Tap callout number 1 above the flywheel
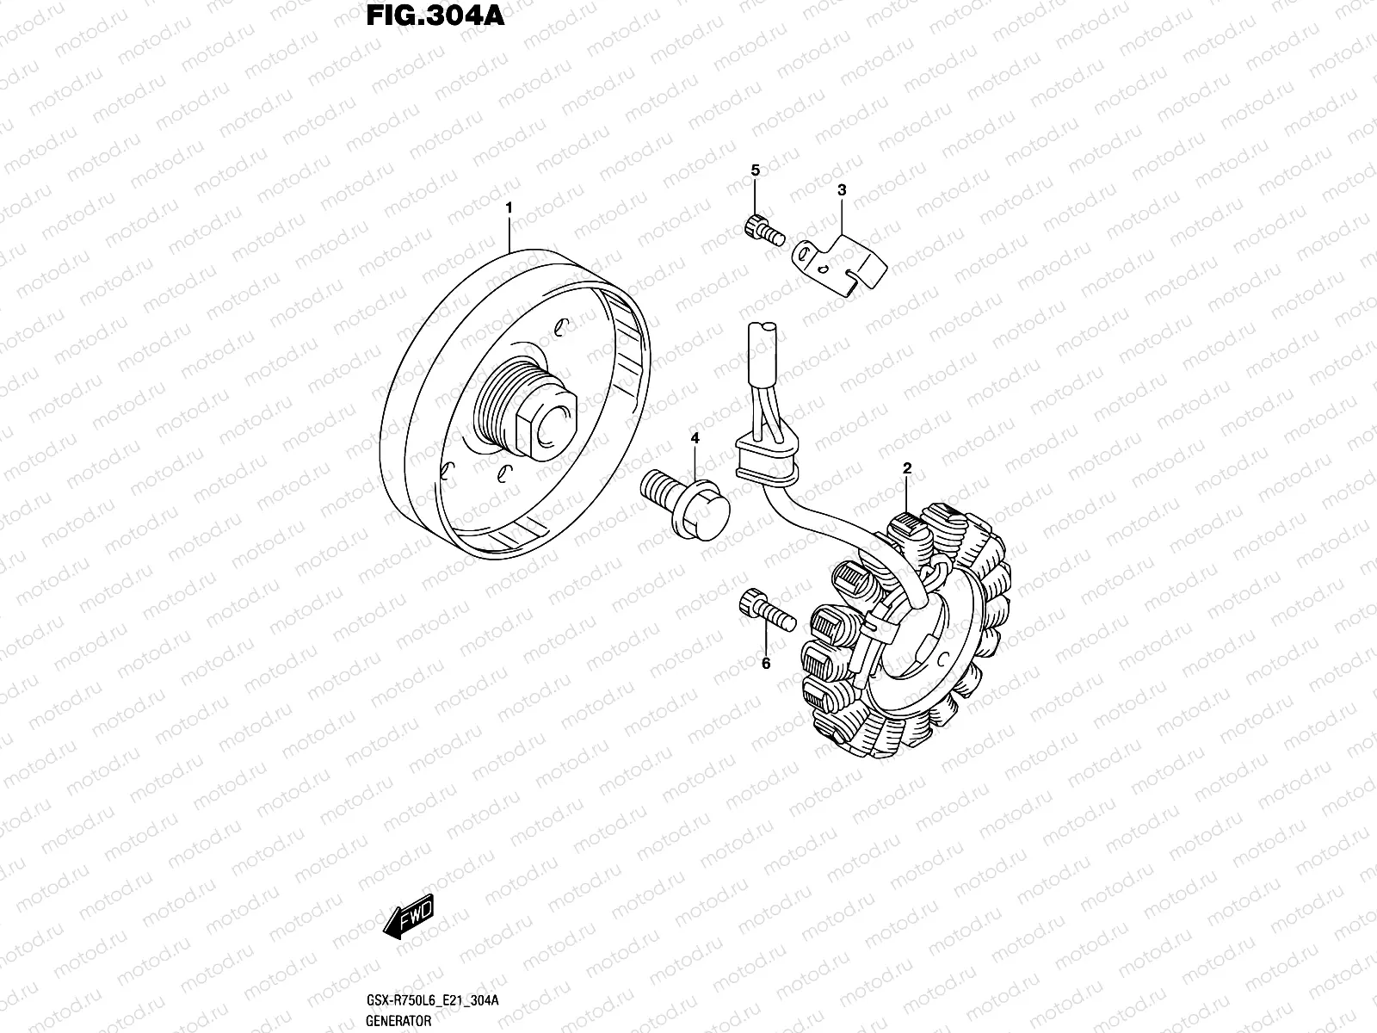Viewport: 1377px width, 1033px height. pyautogui.click(x=509, y=207)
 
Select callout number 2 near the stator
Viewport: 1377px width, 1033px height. pyautogui.click(x=907, y=468)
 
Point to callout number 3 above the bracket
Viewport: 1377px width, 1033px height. pyautogui.click(x=842, y=189)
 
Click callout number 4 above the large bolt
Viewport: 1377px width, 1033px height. pyautogui.click(x=695, y=438)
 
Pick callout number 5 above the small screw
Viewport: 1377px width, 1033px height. pyautogui.click(x=756, y=170)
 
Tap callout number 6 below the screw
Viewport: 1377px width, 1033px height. pyautogui.click(x=766, y=663)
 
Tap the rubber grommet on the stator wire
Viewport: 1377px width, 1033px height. pyautogui.click(x=766, y=459)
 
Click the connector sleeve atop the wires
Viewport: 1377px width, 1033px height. pyautogui.click(x=763, y=352)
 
